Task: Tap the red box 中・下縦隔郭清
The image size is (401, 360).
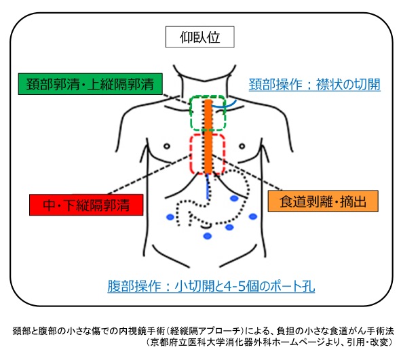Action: point(87,202)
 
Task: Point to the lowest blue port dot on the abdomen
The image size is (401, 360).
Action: point(208,236)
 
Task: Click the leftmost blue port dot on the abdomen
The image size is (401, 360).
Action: point(170,217)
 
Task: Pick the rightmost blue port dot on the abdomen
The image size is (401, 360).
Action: point(252,217)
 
